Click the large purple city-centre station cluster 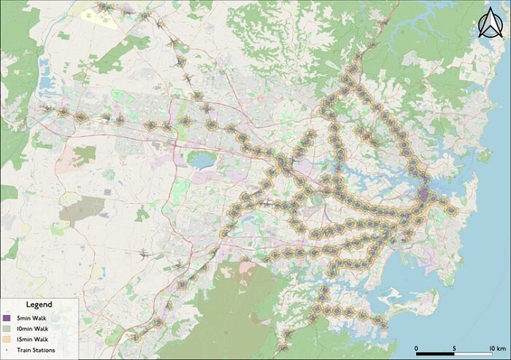[423, 194]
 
